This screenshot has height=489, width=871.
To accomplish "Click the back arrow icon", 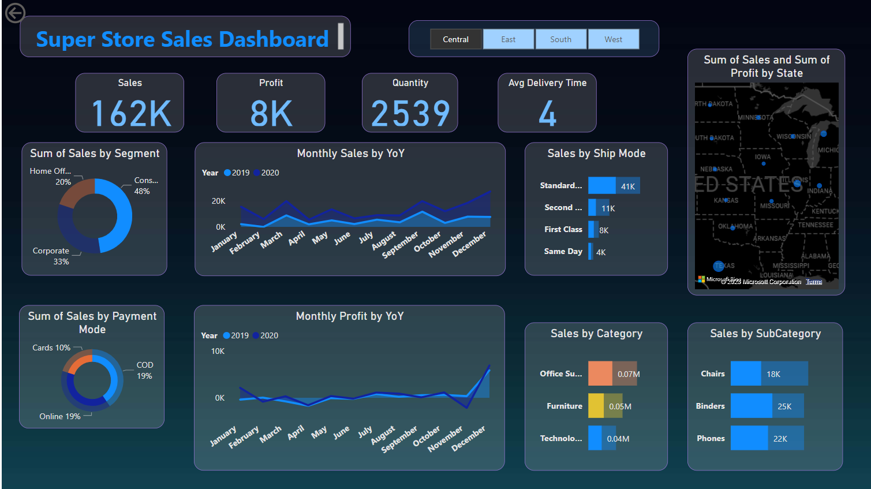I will [x=15, y=13].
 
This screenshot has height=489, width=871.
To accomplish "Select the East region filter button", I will [x=508, y=39].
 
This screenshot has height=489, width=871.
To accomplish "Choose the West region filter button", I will [x=613, y=39].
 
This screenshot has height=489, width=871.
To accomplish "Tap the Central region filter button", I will [x=455, y=39].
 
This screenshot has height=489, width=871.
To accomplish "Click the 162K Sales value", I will [x=131, y=113].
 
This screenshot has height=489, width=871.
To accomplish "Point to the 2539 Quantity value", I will [x=410, y=113].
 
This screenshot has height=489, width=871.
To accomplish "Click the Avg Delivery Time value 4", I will [x=547, y=113].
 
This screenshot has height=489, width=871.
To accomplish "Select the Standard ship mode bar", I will [x=602, y=185].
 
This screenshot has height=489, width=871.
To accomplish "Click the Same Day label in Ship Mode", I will [x=563, y=251].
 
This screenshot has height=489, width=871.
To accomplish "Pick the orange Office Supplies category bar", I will [x=600, y=374].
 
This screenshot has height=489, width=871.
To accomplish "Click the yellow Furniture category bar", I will [x=596, y=406].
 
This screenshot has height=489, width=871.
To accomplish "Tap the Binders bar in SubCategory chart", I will [x=751, y=406].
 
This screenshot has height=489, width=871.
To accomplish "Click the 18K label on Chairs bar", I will [x=773, y=374].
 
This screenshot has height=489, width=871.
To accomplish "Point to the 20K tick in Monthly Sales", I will [x=218, y=201].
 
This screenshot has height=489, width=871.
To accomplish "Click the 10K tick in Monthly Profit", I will [x=218, y=351].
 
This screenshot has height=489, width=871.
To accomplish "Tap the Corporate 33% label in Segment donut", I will [x=52, y=256].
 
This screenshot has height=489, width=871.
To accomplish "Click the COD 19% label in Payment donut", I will [x=144, y=370].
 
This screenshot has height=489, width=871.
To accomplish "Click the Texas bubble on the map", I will [x=719, y=266].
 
